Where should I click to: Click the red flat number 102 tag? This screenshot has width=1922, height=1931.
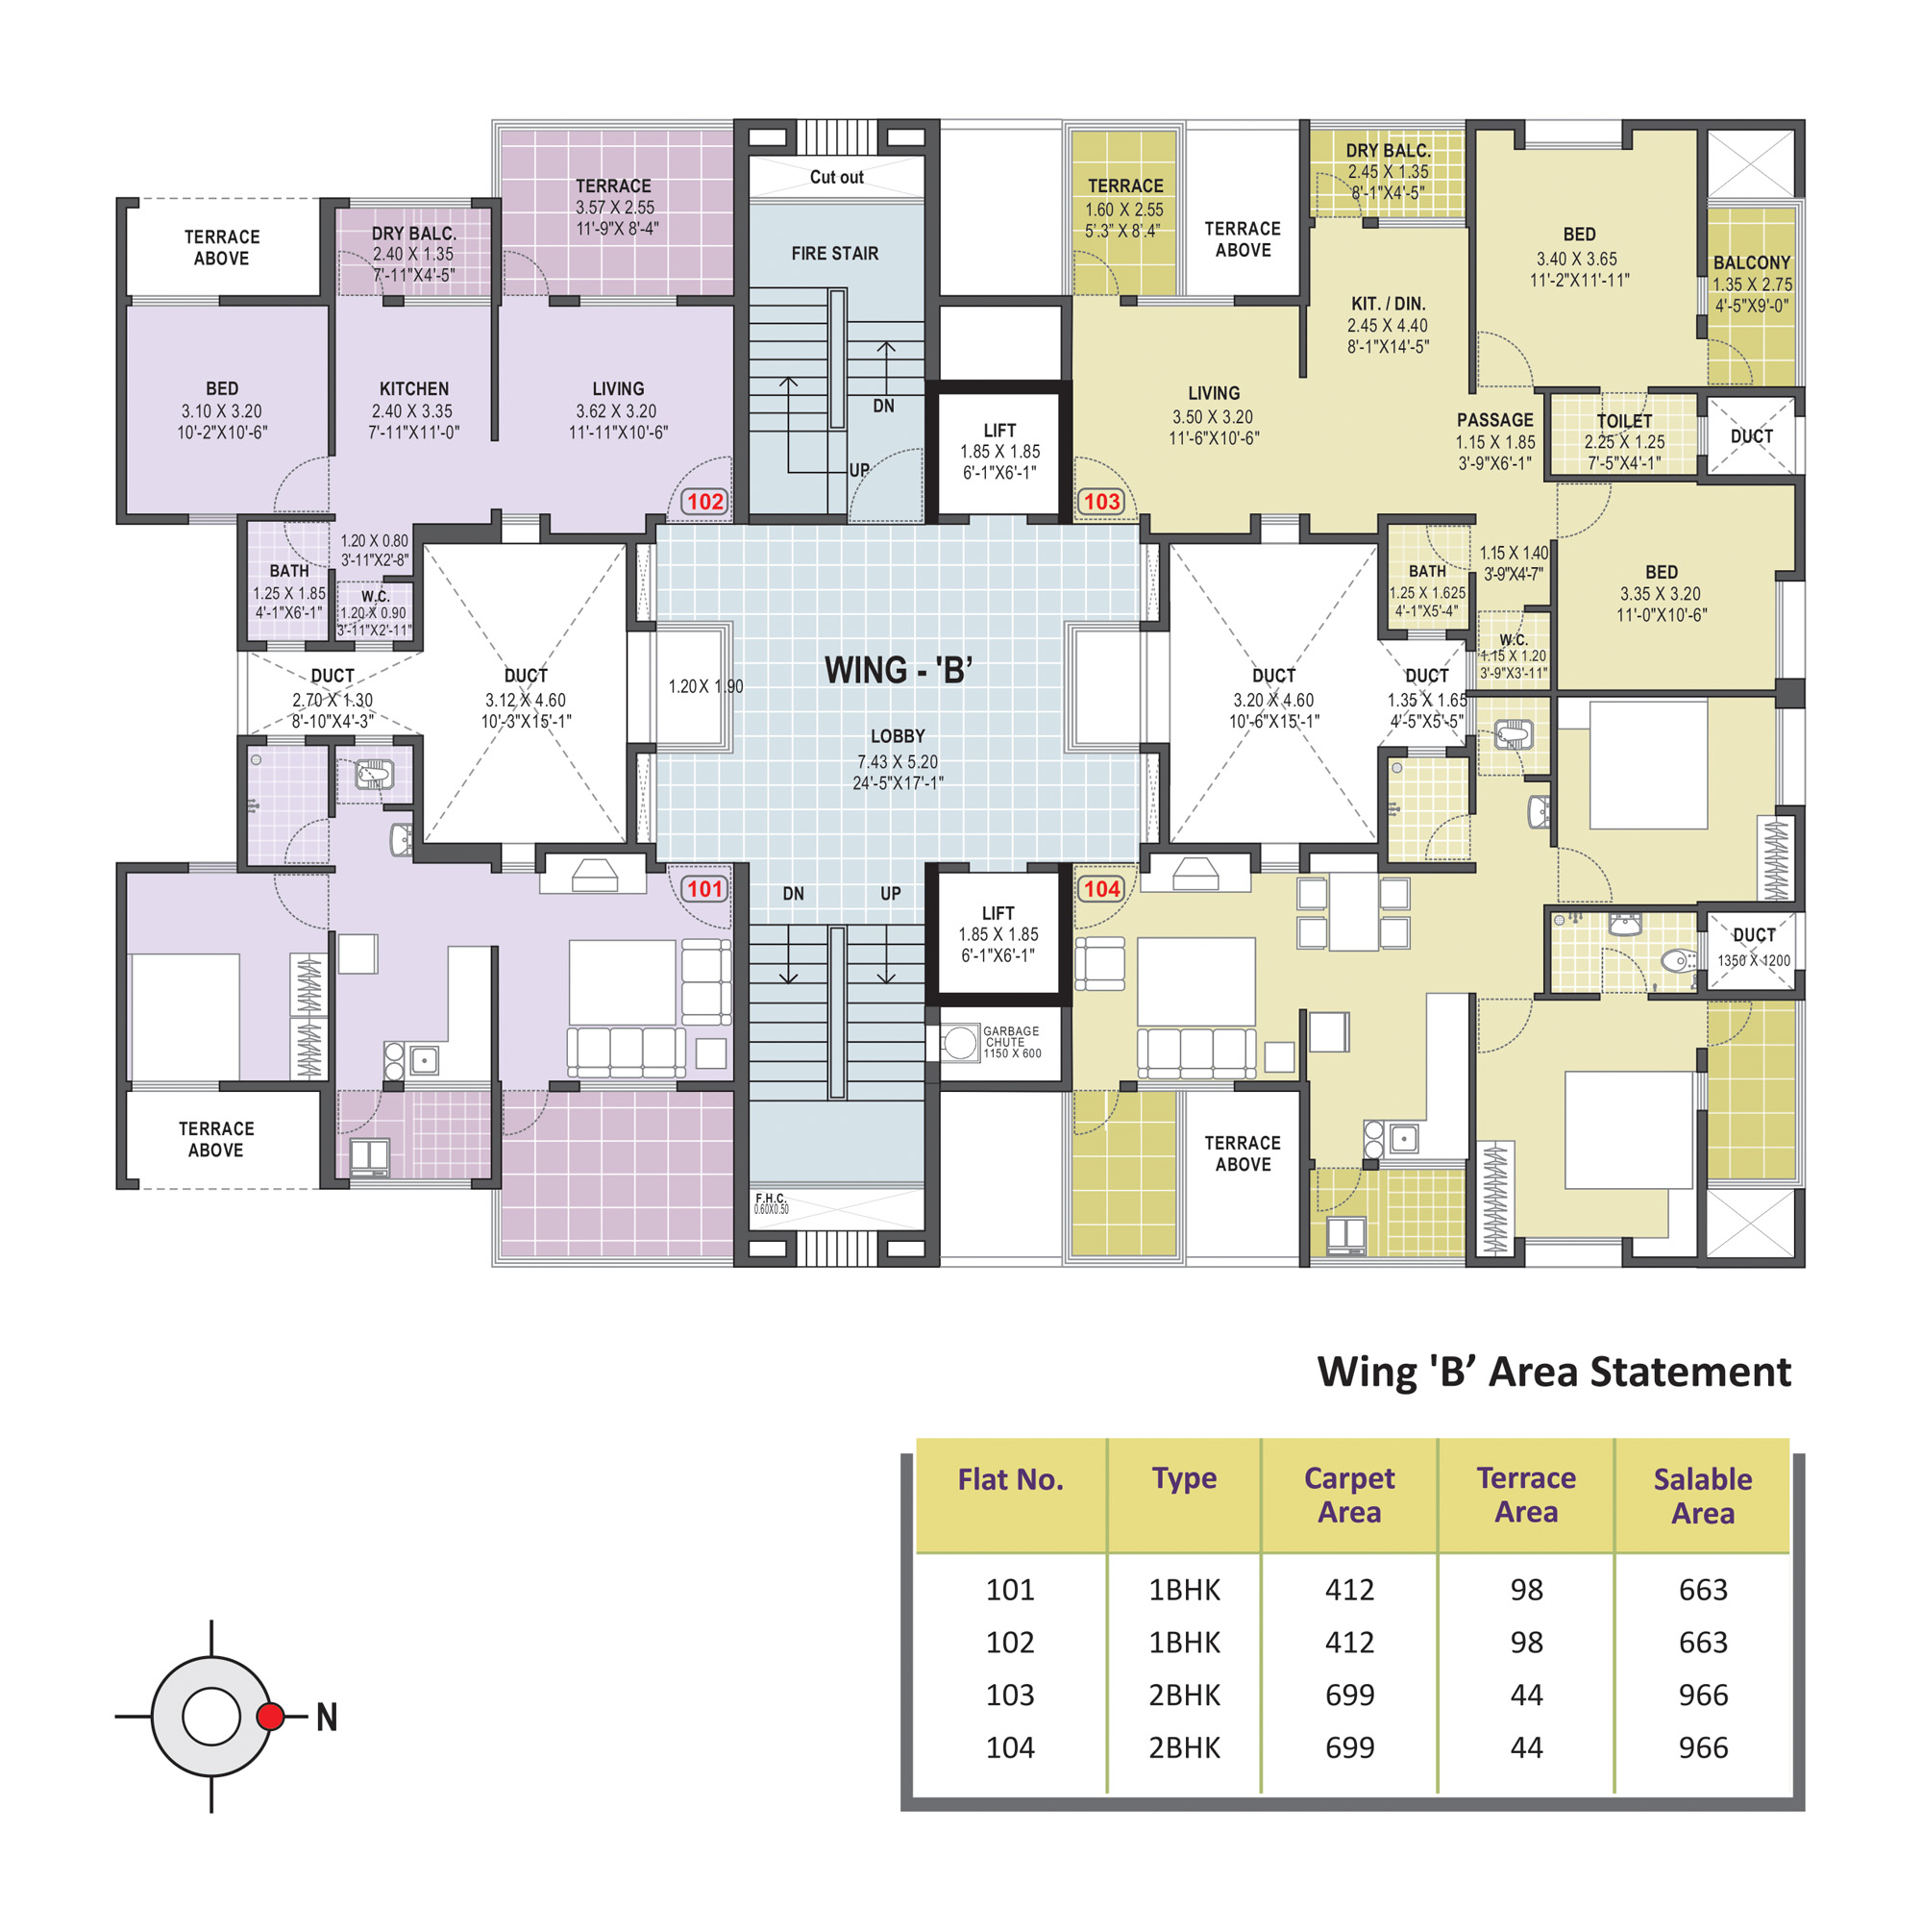pyautogui.click(x=704, y=501)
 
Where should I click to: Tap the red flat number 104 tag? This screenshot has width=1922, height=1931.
pyautogui.click(x=1101, y=888)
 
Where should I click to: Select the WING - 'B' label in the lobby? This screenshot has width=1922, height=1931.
pyautogui.click(x=898, y=670)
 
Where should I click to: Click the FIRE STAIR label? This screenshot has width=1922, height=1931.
pyautogui.click(x=834, y=254)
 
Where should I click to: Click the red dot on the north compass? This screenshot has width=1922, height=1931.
pyautogui.click(x=270, y=1716)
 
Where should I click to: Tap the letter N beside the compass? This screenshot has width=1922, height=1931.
pyautogui.click(x=327, y=1717)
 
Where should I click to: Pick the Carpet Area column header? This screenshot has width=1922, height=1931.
pyautogui.click(x=1348, y=1495)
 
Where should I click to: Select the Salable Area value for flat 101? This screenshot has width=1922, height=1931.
pyautogui.click(x=1702, y=1589)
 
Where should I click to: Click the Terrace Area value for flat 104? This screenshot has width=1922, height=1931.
pyautogui.click(x=1525, y=1747)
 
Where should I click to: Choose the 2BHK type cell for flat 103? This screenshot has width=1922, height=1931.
pyautogui.click(x=1184, y=1695)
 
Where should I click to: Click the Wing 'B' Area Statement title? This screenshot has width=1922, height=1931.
pyautogui.click(x=1553, y=1372)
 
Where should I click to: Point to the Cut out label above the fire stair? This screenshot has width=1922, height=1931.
pyautogui.click(x=837, y=177)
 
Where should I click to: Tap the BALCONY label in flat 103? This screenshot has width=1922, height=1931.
pyautogui.click(x=1751, y=262)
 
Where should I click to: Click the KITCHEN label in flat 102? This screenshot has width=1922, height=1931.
pyautogui.click(x=414, y=389)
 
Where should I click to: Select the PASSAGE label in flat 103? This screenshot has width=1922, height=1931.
pyautogui.click(x=1494, y=420)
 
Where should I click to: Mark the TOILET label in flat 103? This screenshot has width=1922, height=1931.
pyautogui.click(x=1624, y=421)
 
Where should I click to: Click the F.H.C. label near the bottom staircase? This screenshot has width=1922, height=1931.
pyautogui.click(x=770, y=1198)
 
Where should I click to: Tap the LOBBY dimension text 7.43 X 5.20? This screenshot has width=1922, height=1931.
pyautogui.click(x=897, y=761)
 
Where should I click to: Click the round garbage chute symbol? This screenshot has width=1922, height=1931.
pyautogui.click(x=958, y=1043)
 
